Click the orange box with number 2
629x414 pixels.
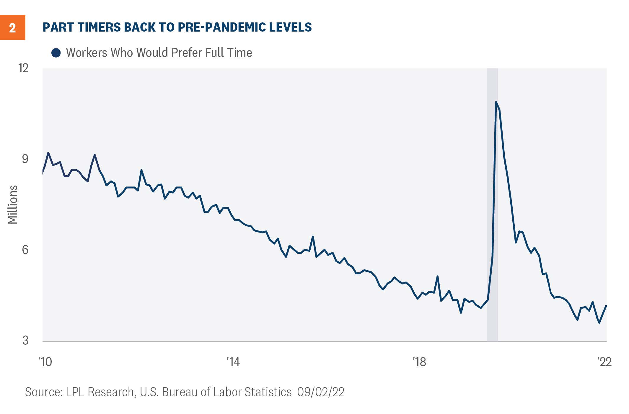(x=12, y=27)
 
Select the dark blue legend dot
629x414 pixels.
(x=56, y=53)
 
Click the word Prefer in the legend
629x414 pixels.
(x=186, y=53)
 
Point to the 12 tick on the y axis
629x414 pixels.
(x=23, y=68)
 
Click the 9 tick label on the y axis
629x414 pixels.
(x=25, y=159)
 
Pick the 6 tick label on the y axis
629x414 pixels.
(x=25, y=250)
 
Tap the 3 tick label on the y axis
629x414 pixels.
(x=25, y=340)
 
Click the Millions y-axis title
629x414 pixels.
(x=13, y=204)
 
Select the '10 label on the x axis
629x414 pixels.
(x=45, y=362)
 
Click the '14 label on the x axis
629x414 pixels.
(x=233, y=362)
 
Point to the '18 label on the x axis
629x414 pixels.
(x=419, y=362)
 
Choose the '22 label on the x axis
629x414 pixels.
(x=604, y=362)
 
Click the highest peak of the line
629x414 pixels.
(x=496, y=102)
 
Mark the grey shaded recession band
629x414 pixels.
(x=492, y=207)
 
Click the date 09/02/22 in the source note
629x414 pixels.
(x=321, y=392)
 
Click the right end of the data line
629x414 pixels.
(x=606, y=306)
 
